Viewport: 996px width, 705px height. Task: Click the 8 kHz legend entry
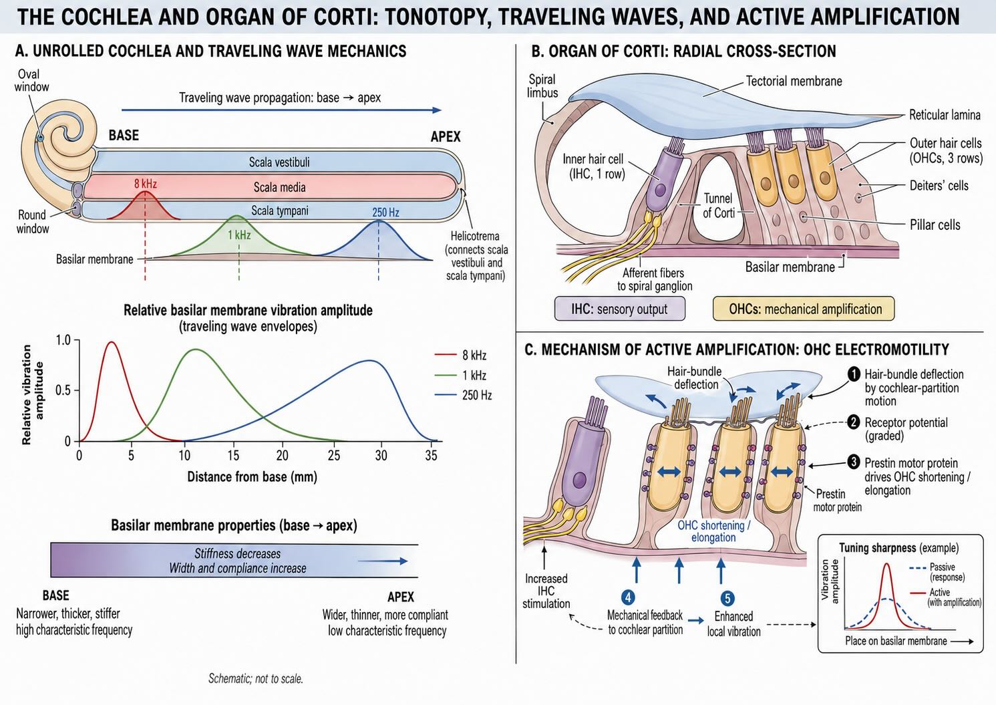(460, 355)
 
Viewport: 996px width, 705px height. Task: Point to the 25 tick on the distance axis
(333, 455)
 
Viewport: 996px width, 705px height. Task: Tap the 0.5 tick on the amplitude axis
(63, 390)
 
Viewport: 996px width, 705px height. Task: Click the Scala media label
(279, 187)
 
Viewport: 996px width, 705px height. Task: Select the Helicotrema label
(475, 236)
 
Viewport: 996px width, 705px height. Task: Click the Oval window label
(31, 80)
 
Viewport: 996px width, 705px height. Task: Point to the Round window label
(33, 221)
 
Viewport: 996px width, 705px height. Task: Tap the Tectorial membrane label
(794, 81)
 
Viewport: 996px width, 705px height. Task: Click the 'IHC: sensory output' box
(619, 309)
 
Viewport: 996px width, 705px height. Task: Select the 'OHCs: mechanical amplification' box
(803, 309)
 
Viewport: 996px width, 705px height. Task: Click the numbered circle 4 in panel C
(628, 597)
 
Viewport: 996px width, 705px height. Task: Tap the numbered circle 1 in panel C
(854, 374)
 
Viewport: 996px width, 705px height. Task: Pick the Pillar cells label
(935, 225)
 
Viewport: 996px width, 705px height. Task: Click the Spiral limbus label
(542, 86)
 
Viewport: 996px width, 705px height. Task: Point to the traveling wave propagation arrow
(281, 110)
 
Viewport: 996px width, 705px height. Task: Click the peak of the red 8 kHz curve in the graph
(111, 342)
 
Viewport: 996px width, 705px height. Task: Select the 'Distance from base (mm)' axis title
(252, 477)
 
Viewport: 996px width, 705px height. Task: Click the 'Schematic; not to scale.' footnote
(256, 679)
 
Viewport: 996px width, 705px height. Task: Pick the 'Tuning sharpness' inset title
(898, 547)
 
